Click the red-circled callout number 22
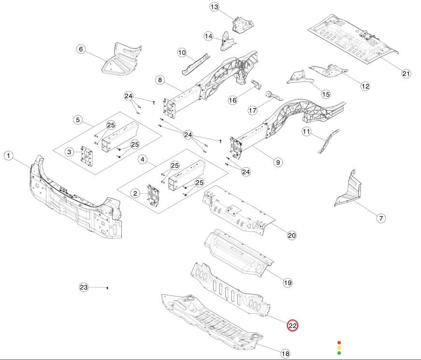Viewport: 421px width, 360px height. point(293,326)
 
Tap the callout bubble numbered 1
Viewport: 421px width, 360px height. point(9,156)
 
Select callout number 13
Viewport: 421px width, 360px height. point(214,7)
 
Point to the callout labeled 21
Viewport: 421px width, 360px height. point(406,73)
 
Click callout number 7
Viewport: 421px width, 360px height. point(381,218)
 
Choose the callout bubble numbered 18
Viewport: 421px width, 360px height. point(285,354)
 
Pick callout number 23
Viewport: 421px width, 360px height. point(84,288)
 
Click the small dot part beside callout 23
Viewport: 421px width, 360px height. point(107,288)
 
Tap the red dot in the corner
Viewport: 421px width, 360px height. point(339,342)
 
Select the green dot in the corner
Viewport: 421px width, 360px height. point(339,353)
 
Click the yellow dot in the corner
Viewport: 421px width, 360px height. point(339,347)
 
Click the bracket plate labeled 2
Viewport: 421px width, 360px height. point(154,194)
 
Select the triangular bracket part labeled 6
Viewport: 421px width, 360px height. point(121,59)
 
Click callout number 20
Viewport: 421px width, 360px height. point(292,235)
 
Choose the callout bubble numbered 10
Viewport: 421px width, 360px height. point(182,52)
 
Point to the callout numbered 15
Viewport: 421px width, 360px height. point(325,94)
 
